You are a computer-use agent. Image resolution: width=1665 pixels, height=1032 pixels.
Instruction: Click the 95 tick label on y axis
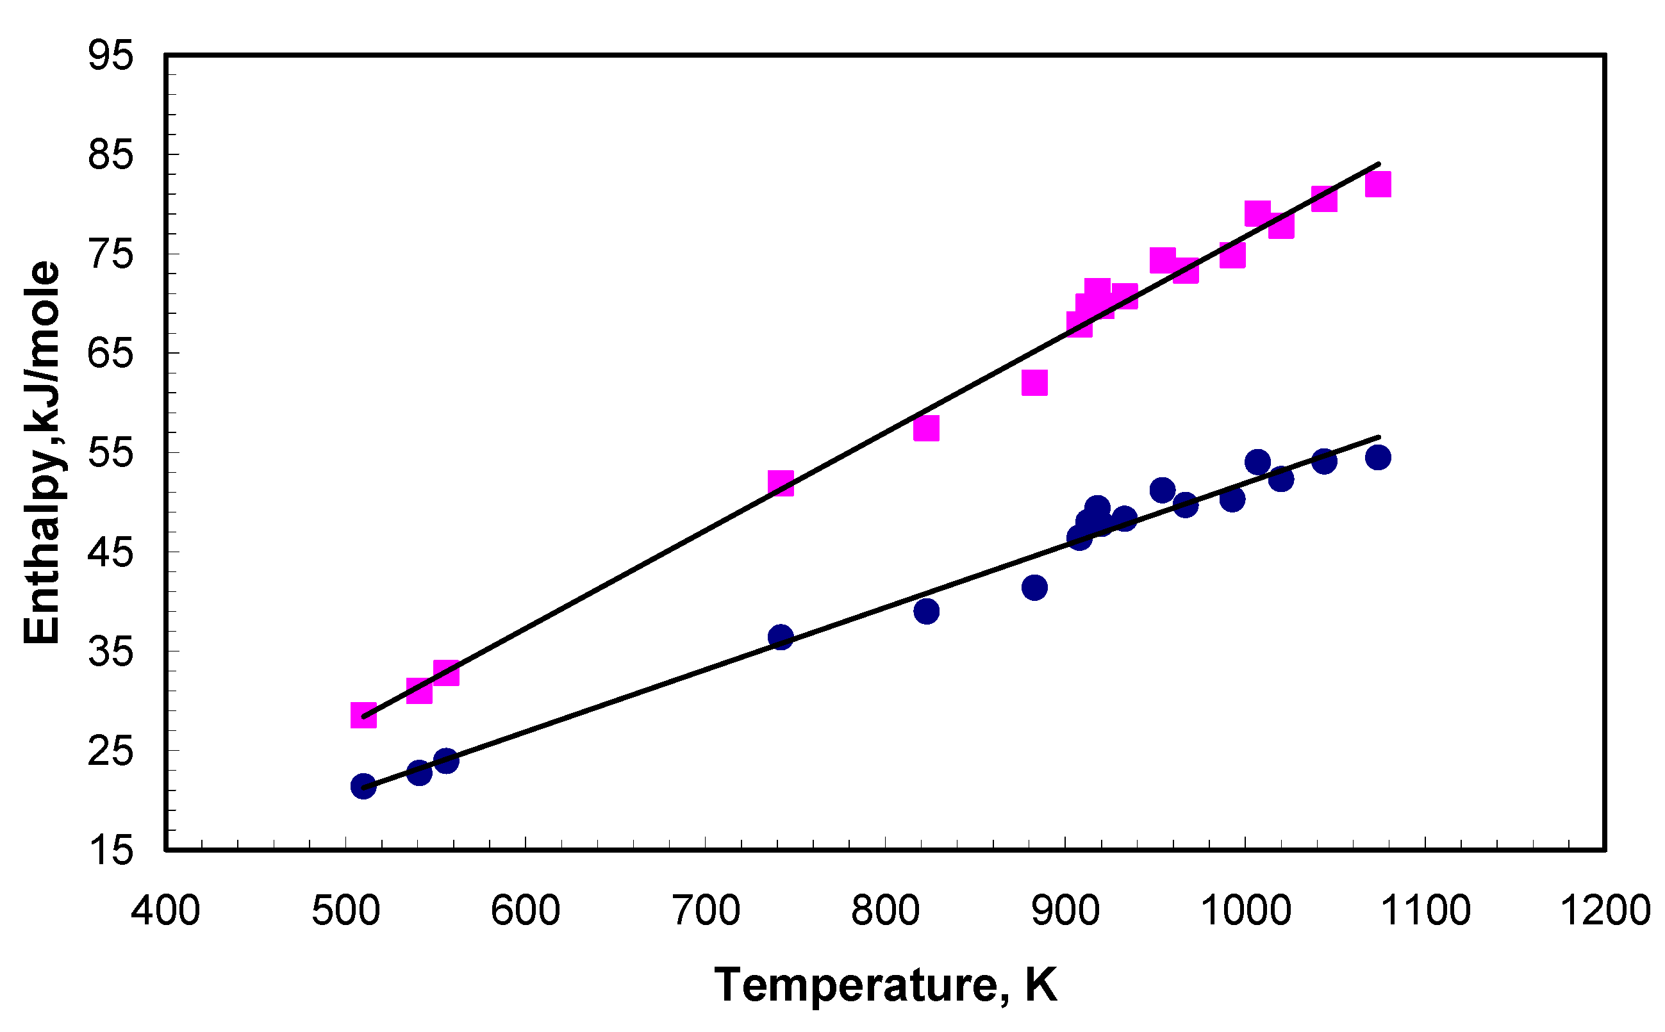pos(110,54)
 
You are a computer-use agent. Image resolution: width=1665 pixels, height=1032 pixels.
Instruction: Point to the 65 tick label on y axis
pos(110,354)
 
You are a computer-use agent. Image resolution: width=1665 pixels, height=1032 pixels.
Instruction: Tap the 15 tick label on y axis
pos(110,851)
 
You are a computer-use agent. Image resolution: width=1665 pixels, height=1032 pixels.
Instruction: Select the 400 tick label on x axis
pos(165,910)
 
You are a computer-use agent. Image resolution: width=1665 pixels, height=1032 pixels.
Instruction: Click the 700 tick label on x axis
pos(706,910)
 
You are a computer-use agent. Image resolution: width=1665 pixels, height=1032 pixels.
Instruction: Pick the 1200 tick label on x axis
pos(1605,910)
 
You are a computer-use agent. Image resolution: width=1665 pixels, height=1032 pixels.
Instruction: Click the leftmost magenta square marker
pos(363,716)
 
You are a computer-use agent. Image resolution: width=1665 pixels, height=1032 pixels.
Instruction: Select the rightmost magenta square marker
pos(1378,184)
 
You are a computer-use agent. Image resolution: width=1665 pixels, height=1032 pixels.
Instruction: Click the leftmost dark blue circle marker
pos(363,786)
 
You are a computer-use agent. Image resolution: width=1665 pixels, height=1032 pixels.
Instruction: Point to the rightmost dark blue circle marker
pos(1378,457)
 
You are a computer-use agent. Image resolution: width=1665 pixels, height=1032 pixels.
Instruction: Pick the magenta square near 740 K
pos(781,483)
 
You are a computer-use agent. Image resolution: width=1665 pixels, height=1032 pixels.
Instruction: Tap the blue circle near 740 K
pos(781,637)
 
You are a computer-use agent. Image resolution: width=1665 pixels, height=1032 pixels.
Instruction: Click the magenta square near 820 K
pos(925,428)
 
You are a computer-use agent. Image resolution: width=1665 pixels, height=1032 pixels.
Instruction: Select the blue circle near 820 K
pos(925,611)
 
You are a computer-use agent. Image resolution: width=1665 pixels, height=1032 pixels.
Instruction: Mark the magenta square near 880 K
pos(1034,383)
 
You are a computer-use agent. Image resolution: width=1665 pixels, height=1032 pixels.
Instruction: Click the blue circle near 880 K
pos(1034,587)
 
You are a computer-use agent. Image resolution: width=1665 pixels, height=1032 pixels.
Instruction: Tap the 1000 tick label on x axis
pos(1246,910)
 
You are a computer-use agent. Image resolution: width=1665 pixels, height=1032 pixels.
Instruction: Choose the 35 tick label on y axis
pos(110,652)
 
